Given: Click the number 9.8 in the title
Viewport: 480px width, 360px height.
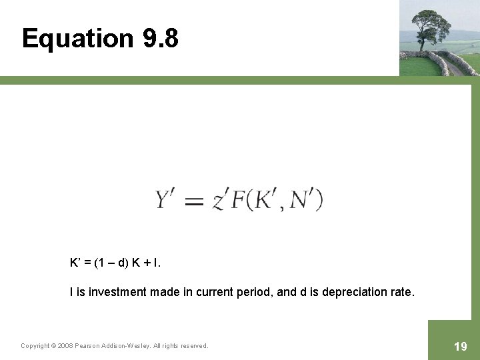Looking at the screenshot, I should [160, 39].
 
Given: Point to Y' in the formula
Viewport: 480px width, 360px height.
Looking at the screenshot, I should [167, 199].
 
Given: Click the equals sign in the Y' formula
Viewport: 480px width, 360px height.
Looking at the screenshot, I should [194, 201].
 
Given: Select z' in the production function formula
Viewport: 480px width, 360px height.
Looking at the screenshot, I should [220, 200].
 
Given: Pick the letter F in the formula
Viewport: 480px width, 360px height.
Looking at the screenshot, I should [237, 199].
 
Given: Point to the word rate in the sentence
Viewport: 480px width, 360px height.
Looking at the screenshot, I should [402, 291].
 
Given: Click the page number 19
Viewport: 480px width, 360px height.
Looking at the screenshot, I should [460, 346].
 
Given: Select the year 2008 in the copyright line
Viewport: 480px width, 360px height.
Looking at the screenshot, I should [65, 345].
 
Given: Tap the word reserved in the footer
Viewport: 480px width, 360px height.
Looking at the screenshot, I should [193, 345].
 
